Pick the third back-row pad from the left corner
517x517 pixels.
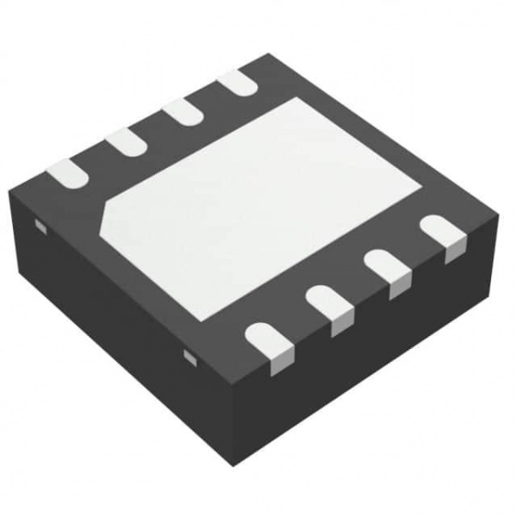(x=182, y=111)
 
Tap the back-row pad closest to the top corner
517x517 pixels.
(x=235, y=82)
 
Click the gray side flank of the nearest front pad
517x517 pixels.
(x=278, y=363)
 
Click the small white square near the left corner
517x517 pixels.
(x=39, y=226)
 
